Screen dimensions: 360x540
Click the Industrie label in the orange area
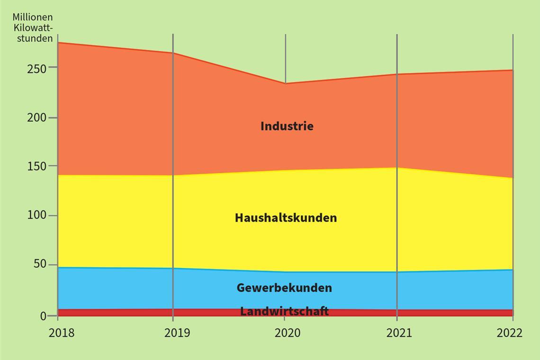[287, 126]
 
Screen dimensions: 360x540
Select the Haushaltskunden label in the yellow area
[286, 218]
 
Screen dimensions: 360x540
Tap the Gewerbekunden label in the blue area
[284, 288]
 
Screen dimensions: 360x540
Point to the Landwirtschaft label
[284, 311]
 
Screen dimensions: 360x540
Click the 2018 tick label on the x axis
[62, 333]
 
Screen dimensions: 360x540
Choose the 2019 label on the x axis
[177, 333]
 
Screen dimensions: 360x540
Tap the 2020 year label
[288, 333]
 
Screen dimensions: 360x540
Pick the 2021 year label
[399, 333]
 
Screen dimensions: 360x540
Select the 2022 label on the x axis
[510, 333]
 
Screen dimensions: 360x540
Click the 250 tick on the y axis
[37, 68]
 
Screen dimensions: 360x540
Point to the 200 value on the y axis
[37, 117]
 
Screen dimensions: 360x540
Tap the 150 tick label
[37, 166]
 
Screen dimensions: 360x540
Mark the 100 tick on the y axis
[37, 216]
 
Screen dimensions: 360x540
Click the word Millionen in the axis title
[33, 18]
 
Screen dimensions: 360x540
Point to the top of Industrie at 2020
[285, 83]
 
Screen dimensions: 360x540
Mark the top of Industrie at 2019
[173, 53]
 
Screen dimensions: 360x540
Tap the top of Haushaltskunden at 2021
[397, 168]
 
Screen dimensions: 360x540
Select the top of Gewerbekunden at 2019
[173, 268]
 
